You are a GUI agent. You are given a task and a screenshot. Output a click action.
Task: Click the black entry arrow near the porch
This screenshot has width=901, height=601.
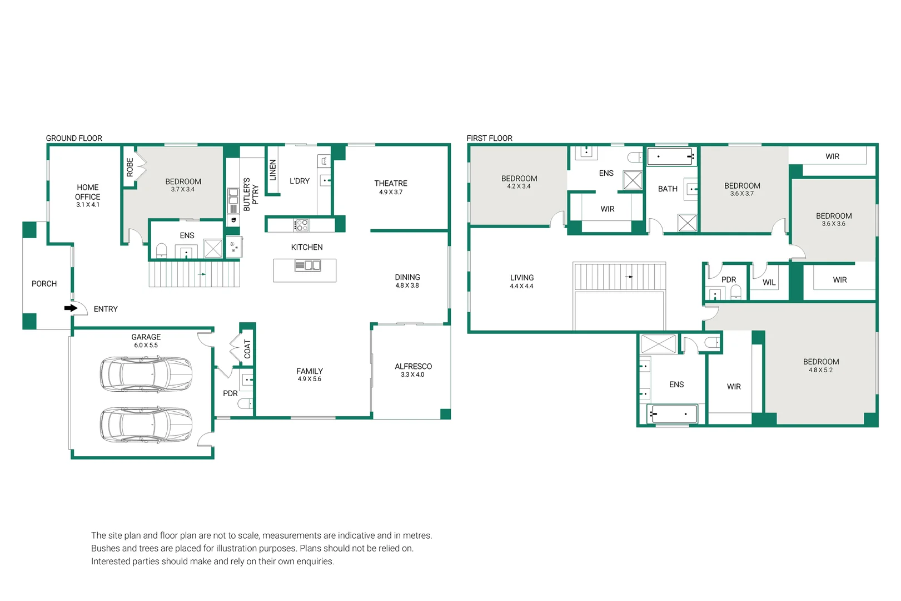(71, 308)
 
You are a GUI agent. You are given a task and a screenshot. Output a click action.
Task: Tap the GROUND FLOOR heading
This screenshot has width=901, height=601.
(74, 138)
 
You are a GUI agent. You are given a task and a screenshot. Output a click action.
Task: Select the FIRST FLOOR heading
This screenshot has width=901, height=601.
(489, 138)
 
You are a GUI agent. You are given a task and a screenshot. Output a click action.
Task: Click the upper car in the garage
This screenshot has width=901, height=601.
(146, 375)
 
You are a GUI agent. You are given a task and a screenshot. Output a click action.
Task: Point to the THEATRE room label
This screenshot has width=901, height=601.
(391, 183)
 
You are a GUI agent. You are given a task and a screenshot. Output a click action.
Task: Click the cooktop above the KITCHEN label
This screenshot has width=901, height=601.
(301, 225)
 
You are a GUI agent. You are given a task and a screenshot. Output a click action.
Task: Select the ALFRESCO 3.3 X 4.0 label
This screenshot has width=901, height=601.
(413, 370)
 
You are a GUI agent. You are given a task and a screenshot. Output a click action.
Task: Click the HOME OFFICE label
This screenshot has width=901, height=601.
(88, 192)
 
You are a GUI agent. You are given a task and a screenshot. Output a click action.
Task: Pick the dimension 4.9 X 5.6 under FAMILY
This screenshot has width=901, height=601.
(309, 379)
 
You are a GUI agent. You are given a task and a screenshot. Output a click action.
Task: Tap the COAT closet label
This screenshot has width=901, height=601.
(247, 349)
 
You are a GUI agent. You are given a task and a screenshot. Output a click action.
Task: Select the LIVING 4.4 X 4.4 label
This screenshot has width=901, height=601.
(521, 282)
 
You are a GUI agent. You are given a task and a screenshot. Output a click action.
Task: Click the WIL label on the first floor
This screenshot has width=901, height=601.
(769, 283)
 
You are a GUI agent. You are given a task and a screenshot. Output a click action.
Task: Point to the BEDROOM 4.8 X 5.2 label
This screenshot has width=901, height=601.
(821, 365)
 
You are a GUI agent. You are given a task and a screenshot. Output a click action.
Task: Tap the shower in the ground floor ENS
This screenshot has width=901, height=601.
(213, 248)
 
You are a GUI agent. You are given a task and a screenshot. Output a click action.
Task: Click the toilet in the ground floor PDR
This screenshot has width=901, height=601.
(245, 403)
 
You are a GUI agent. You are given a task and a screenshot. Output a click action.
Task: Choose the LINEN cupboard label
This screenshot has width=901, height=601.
(273, 170)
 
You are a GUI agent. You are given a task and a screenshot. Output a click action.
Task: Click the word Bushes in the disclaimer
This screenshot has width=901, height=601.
(105, 548)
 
